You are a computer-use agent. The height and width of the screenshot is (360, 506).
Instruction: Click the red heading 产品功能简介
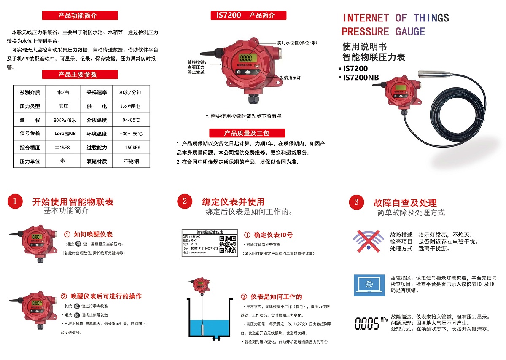[x=80, y=16]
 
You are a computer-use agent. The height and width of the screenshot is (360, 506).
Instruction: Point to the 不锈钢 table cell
[x=131, y=161]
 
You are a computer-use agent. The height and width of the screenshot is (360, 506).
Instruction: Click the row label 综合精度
[x=30, y=148]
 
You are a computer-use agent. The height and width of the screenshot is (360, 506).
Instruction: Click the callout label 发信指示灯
[x=290, y=78]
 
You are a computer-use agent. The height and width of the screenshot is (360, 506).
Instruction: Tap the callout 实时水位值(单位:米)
[x=297, y=43]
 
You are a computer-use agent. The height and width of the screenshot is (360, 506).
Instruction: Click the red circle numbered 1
[x=15, y=201]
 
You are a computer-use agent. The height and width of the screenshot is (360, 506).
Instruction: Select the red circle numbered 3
[x=356, y=202]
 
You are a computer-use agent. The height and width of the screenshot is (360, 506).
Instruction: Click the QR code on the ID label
[x=228, y=244]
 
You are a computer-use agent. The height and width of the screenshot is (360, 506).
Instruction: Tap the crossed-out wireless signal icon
[x=369, y=241]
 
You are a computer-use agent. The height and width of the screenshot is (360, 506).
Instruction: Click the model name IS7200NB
[x=361, y=77]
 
